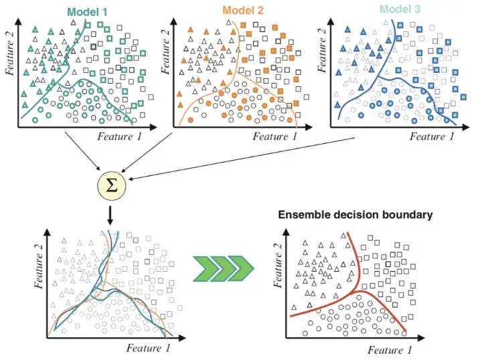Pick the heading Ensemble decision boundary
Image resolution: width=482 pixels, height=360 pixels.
[x=355, y=215]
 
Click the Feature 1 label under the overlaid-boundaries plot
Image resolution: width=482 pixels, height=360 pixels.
[x=153, y=348]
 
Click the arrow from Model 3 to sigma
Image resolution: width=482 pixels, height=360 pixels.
[x=241, y=158]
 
